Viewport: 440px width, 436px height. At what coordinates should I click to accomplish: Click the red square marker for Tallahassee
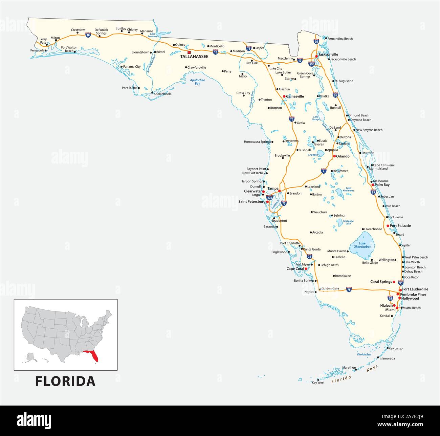(189, 52)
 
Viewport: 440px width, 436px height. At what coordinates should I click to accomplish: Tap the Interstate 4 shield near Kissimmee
(324, 171)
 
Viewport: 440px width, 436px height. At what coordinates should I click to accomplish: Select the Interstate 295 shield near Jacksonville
(312, 64)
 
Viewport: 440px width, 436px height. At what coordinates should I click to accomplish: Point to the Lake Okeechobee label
(362, 245)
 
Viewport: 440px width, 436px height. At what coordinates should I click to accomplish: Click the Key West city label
(318, 383)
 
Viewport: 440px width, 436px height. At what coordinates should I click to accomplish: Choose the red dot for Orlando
(334, 156)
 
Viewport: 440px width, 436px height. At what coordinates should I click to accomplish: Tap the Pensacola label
(37, 50)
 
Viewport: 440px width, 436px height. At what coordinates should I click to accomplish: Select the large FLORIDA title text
(65, 381)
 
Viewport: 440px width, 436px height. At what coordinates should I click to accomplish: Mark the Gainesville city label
(295, 96)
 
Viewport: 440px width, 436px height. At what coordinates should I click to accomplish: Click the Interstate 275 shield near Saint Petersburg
(269, 197)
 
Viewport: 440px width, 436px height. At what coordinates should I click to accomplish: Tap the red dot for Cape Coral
(306, 269)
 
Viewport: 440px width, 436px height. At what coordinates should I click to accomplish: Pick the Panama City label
(132, 67)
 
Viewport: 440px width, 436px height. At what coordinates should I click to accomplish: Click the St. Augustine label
(344, 81)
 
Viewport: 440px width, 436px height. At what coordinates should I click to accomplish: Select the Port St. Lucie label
(400, 226)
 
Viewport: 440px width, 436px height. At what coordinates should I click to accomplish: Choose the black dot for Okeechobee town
(363, 229)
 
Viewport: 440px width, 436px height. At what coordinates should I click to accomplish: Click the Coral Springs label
(381, 282)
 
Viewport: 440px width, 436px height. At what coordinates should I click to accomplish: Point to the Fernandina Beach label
(340, 39)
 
